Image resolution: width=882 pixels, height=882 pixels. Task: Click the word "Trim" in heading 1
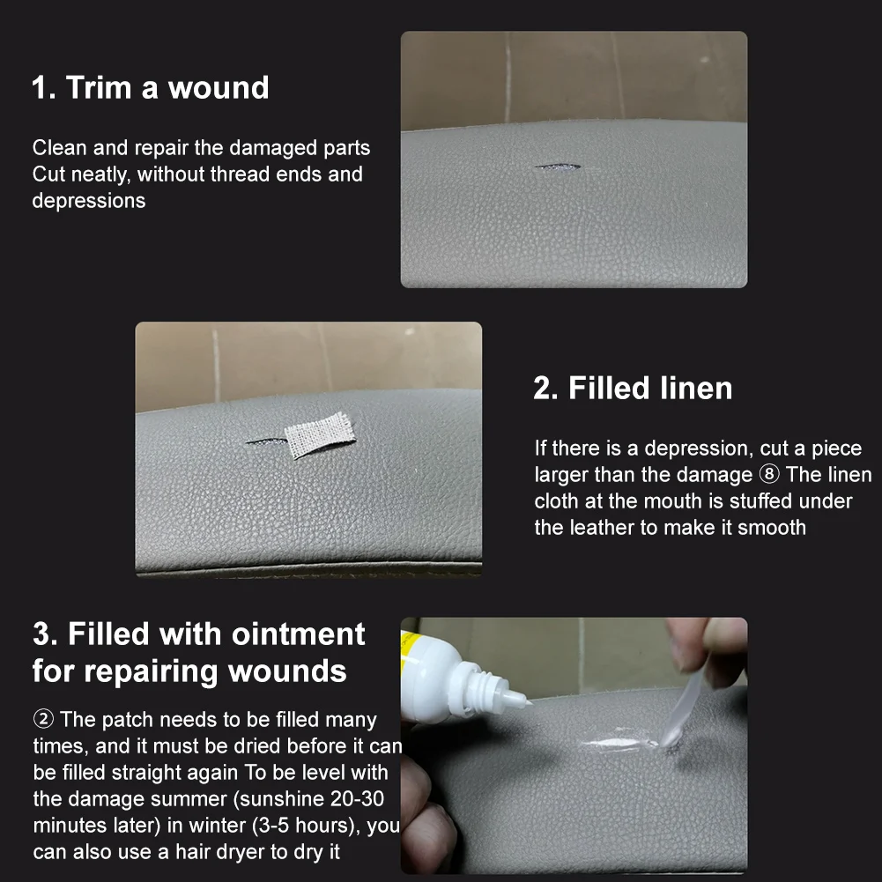99,88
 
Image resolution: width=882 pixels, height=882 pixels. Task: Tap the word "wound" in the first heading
219,88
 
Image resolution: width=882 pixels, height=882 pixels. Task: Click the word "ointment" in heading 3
298,635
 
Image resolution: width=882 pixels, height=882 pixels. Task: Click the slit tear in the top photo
557,167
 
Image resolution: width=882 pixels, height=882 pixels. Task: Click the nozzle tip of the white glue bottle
528,702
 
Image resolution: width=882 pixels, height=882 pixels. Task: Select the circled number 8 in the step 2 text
769,475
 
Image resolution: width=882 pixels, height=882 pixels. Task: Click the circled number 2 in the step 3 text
43,720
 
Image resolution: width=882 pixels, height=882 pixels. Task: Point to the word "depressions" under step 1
89,201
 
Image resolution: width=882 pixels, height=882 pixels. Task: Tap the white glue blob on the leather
619,744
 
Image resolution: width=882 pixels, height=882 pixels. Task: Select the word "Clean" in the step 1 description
60,148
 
